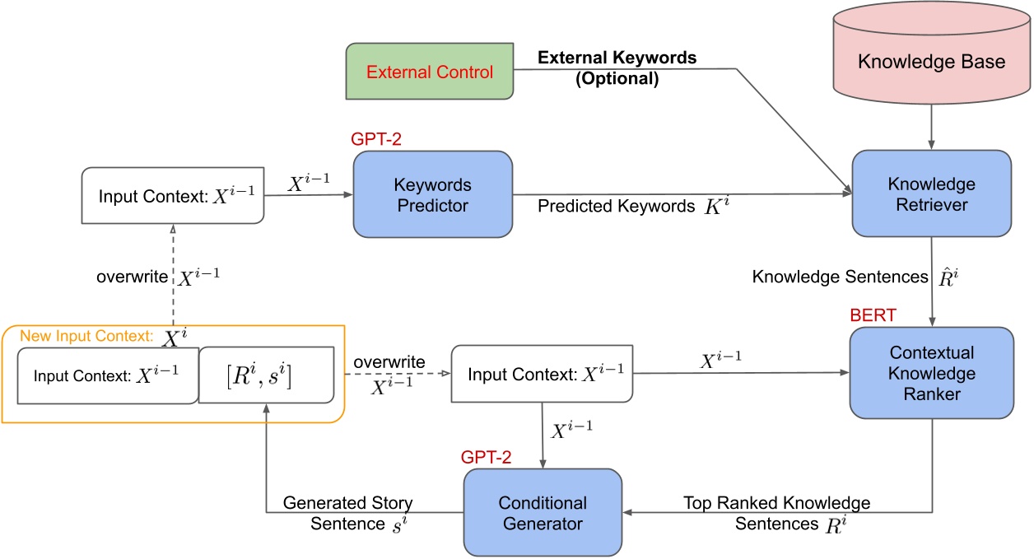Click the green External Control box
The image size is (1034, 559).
tap(429, 72)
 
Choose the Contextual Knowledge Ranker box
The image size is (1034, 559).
tap(931, 374)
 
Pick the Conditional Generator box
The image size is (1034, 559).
tap(543, 511)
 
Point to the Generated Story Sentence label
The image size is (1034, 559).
tap(349, 511)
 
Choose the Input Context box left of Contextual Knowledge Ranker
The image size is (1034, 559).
tap(541, 375)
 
